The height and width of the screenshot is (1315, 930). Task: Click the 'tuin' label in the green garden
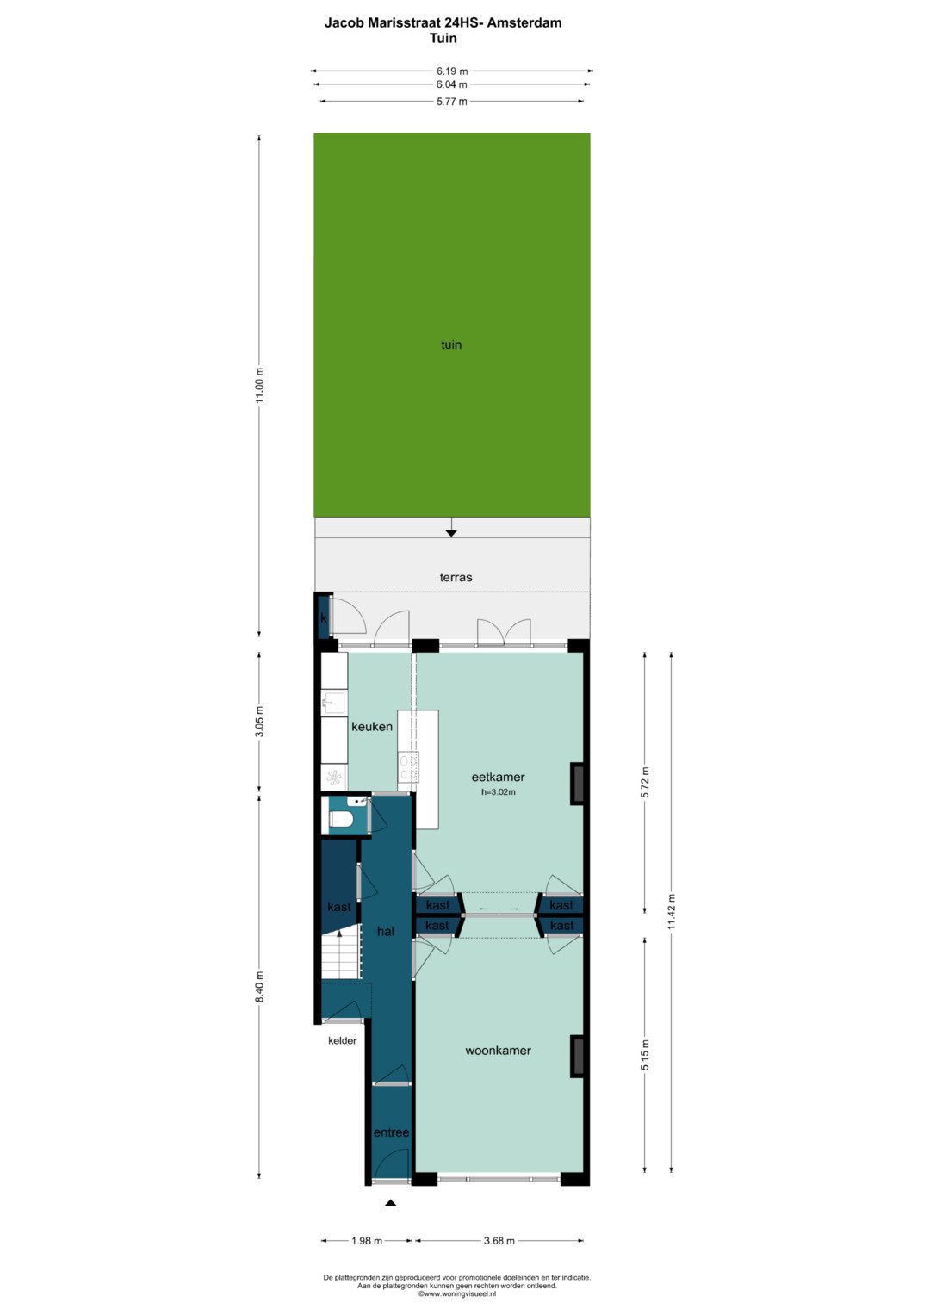[451, 344]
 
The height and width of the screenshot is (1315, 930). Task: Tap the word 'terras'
[456, 577]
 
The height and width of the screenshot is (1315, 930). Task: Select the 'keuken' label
[372, 726]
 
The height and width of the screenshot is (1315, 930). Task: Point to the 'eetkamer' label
[498, 777]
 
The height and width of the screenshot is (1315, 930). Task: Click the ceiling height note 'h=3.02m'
[499, 791]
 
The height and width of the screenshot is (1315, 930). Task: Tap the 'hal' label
[386, 931]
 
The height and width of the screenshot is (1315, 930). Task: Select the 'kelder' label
[343, 1040]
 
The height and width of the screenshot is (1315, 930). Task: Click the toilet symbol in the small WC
[340, 818]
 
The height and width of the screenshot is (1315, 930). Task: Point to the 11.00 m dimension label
[259, 385]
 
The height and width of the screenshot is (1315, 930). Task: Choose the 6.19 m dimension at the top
[452, 71]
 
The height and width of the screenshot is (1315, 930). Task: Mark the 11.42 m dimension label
[672, 911]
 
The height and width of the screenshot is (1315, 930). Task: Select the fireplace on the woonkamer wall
[577, 1057]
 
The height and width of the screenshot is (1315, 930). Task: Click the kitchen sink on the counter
[334, 703]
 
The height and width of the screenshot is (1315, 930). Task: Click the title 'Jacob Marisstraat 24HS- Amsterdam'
[443, 23]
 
